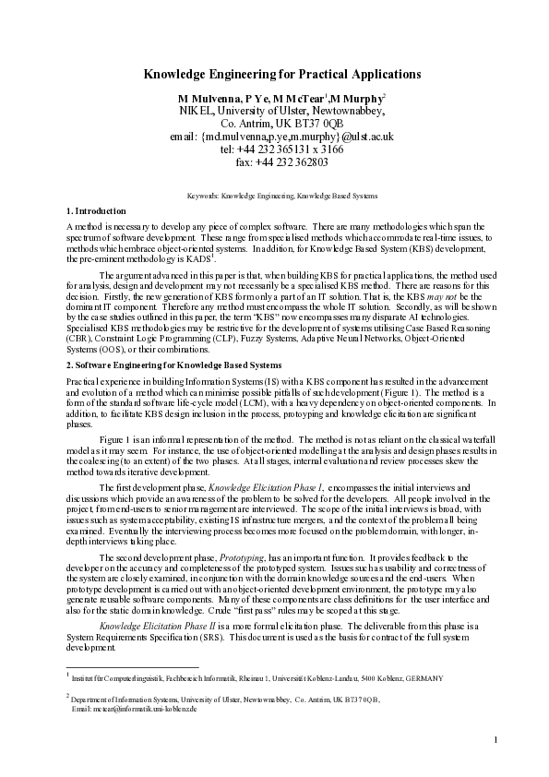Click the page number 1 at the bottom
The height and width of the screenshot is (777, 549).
click(x=495, y=739)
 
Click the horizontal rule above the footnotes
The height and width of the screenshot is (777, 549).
click(x=133, y=666)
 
